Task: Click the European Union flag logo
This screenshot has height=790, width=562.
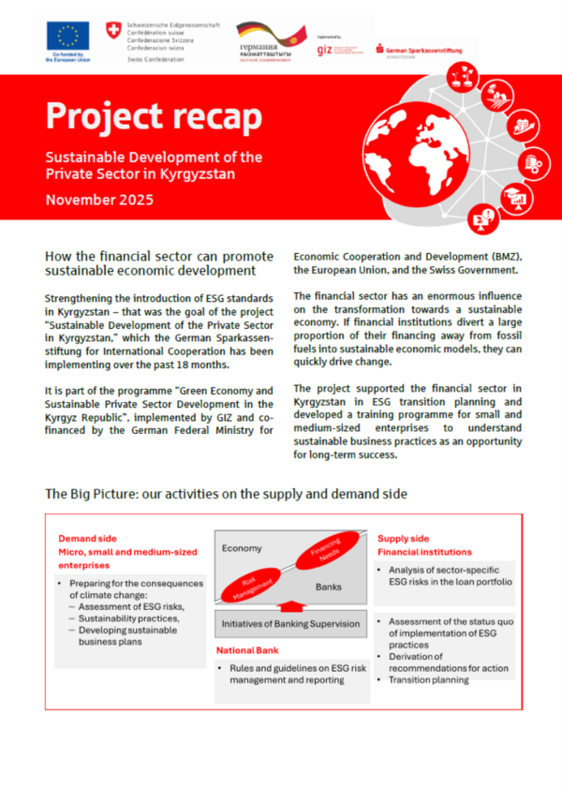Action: coord(67,37)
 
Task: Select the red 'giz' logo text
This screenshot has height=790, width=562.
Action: coord(325,50)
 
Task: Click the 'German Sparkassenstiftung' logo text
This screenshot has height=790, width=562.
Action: coord(424,49)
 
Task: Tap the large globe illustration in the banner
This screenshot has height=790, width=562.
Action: coord(440,150)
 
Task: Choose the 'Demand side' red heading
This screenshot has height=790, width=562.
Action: coord(86,539)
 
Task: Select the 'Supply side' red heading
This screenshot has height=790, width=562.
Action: coord(404,539)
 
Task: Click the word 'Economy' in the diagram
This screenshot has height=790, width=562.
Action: coord(241,547)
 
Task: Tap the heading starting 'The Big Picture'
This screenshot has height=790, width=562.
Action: coord(225,493)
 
